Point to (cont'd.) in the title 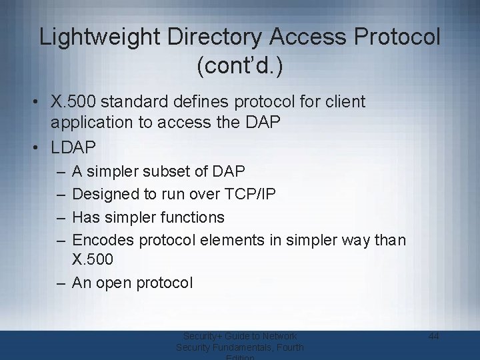(x=240, y=67)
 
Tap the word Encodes (x=102, y=239)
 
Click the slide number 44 (x=433, y=337)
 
